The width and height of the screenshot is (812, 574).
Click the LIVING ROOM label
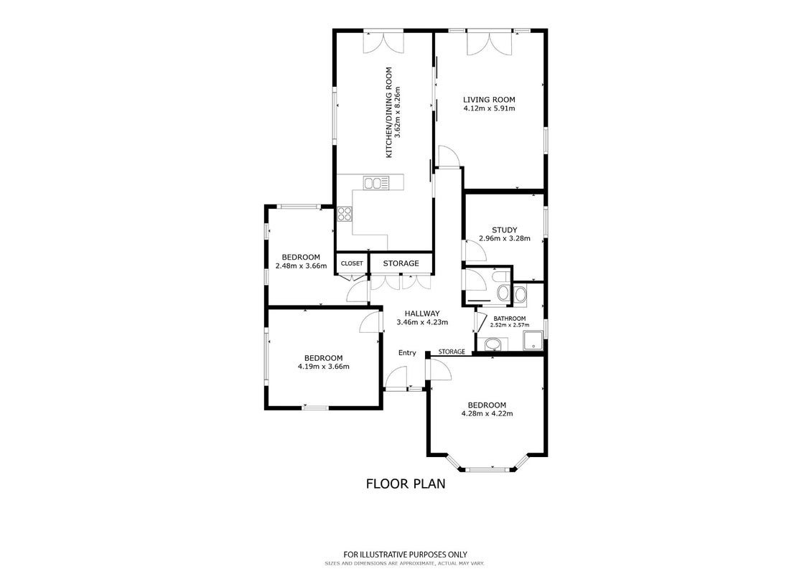(489, 100)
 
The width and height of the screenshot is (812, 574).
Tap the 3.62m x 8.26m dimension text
(398, 114)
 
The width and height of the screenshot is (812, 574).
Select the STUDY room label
(505, 230)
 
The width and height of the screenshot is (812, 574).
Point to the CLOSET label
(352, 263)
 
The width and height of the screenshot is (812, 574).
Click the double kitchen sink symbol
(376, 183)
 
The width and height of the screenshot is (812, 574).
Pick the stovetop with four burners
(345, 214)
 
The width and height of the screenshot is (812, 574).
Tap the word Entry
(407, 353)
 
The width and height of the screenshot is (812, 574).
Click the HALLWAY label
(422, 313)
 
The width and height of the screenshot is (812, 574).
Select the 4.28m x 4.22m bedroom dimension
(487, 413)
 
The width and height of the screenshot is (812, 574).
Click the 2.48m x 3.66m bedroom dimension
(301, 266)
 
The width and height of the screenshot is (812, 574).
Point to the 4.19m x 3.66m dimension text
(324, 367)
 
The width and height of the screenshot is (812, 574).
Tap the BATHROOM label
(510, 319)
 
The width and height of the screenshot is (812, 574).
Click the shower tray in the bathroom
(532, 341)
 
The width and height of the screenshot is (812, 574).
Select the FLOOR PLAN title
(406, 484)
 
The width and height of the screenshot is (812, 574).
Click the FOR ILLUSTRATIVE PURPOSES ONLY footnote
(406, 555)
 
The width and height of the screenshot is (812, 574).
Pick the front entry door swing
(396, 377)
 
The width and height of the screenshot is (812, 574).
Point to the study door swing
(475, 250)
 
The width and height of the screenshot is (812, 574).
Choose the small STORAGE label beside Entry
(452, 352)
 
